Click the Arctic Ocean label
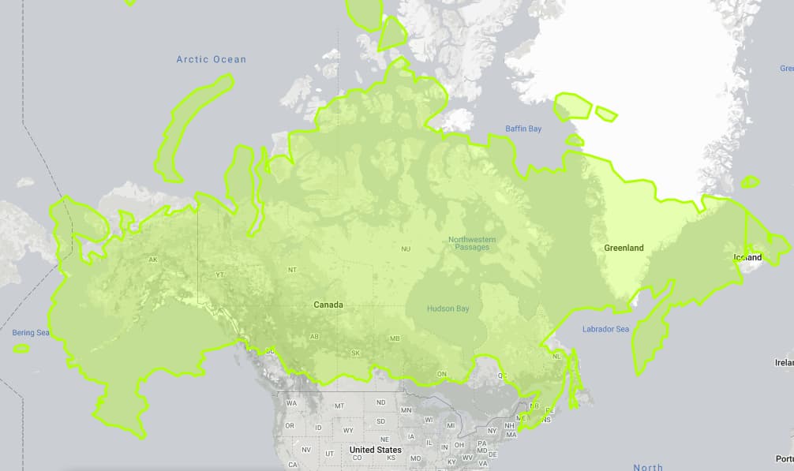211,59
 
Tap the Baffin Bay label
523,129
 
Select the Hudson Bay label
447,308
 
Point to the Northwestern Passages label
472,243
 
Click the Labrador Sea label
605,329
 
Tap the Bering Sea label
31,333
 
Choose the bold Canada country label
328,305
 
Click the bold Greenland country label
624,248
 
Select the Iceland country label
747,257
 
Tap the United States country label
375,450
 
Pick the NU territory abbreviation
406,249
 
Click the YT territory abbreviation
220,275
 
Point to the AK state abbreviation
153,260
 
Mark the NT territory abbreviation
292,270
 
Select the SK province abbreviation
355,353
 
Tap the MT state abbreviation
339,406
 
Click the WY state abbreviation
347,431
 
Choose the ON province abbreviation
442,374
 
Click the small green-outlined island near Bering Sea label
21,348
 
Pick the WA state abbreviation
291,403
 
